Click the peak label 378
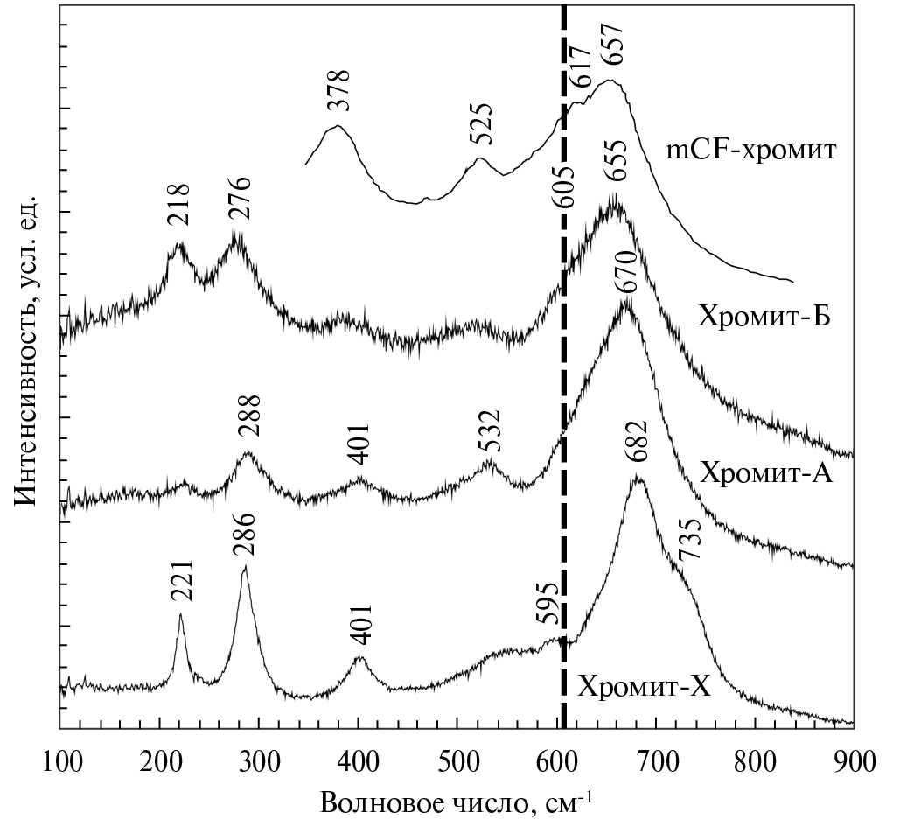click(338, 90)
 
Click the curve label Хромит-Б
click(764, 316)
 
